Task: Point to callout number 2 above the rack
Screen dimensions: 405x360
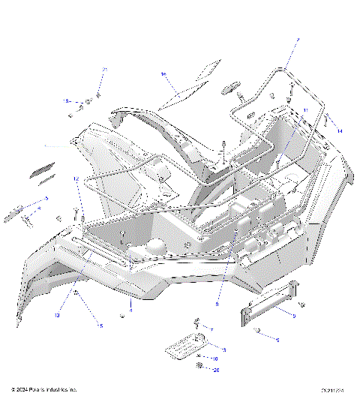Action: click(x=297, y=40)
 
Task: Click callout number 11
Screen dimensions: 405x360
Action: click(x=306, y=110)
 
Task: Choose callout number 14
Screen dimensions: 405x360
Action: click(x=339, y=131)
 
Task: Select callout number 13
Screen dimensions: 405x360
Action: click(x=56, y=315)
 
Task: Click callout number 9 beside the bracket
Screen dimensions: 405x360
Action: click(x=293, y=316)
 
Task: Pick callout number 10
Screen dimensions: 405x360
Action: click(x=215, y=359)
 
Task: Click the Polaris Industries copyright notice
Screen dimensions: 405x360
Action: click(x=44, y=390)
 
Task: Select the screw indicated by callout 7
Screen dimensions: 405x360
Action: click(x=197, y=323)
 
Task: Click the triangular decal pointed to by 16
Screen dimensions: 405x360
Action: click(x=193, y=84)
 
